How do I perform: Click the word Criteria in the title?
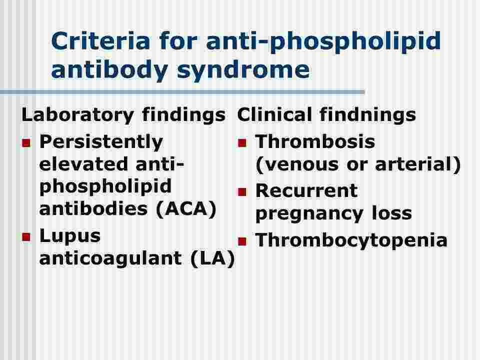(x=100, y=41)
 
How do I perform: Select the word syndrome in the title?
(x=243, y=69)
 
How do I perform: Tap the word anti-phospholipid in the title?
(x=323, y=42)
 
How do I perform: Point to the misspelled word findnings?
(x=367, y=115)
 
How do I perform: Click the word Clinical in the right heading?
(x=275, y=114)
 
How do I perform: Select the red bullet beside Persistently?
(x=26, y=143)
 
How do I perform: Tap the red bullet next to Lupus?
(x=26, y=237)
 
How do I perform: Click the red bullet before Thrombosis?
(x=242, y=143)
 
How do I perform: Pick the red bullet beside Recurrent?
(x=242, y=192)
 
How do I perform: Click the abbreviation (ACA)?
(x=186, y=209)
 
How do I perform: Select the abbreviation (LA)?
(x=213, y=258)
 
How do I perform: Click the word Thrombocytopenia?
(x=351, y=240)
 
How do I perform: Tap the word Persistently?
(x=101, y=142)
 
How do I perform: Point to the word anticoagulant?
(x=111, y=258)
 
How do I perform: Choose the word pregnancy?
(x=309, y=214)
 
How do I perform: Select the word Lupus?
(x=70, y=236)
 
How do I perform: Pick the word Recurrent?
(x=306, y=190)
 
